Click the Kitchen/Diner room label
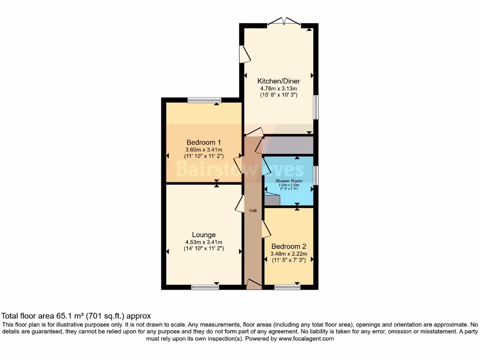[x=280, y=81]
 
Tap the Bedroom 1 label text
[x=203, y=142]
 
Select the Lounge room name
[x=203, y=235]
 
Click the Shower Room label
[x=289, y=181]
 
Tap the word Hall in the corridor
[x=253, y=211]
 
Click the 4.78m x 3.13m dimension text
[x=280, y=88]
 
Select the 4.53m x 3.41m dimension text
[x=203, y=242]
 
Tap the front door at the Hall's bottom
[x=254, y=284]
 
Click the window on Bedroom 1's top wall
[x=204, y=100]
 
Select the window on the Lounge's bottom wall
[x=205, y=287]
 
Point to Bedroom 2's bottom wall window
[x=287, y=287]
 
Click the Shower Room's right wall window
[x=316, y=175]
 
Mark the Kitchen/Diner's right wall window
[x=316, y=107]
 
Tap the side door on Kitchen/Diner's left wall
[x=244, y=54]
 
